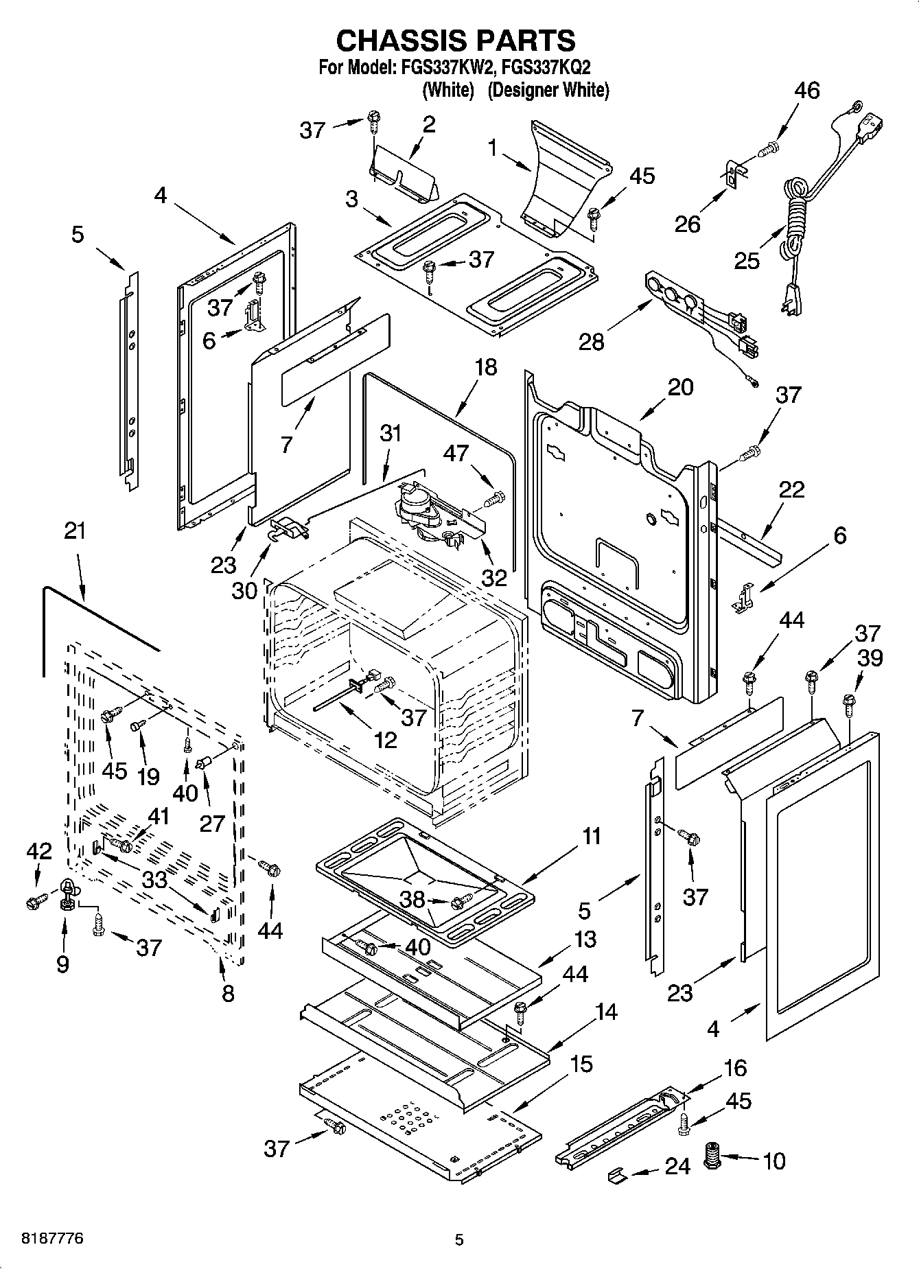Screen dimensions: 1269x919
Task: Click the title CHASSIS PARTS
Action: [455, 40]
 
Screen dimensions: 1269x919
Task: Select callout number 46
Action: [807, 91]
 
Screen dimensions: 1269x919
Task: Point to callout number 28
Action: [592, 341]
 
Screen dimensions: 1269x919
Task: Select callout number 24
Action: [677, 1166]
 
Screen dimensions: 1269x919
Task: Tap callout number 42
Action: [39, 852]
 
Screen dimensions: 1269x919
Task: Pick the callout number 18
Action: [485, 366]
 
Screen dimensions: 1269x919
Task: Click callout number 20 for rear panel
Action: [680, 387]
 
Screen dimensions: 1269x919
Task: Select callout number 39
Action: [871, 658]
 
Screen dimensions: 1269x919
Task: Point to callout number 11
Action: [591, 837]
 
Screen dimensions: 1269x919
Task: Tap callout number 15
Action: [581, 1064]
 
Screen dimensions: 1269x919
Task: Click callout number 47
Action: [456, 453]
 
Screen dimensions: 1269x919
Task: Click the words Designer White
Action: [548, 90]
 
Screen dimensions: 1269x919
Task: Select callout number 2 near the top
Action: [429, 125]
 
